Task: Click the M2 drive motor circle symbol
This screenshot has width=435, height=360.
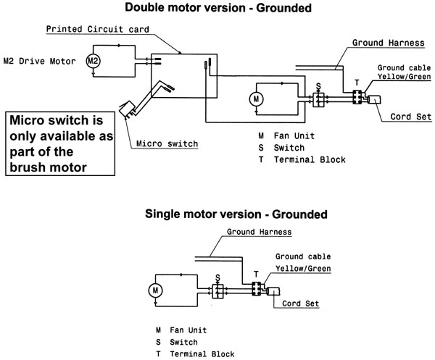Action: click(93, 61)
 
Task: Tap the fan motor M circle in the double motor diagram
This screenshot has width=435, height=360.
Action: click(256, 99)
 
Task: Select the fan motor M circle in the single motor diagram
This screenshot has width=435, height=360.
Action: click(155, 290)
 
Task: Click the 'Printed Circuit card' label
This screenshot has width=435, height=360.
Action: click(98, 29)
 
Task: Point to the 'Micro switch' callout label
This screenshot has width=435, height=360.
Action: click(167, 143)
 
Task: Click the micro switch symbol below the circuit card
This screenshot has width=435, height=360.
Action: click(126, 109)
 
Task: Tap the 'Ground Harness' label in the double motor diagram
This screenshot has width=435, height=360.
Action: click(389, 43)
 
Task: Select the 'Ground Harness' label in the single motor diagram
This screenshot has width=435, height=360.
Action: click(259, 232)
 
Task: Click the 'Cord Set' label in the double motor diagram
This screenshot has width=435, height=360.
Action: click(411, 117)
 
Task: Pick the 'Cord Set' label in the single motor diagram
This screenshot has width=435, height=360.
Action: click(300, 304)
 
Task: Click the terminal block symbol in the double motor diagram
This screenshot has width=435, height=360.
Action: click(357, 97)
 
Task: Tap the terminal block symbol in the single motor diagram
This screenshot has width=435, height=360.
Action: click(256, 288)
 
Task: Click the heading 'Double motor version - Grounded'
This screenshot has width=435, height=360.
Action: click(218, 7)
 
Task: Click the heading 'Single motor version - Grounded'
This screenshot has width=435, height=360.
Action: click(236, 214)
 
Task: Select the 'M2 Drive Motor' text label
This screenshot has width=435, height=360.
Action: click(39, 61)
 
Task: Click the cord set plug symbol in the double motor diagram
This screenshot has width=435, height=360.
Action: click(374, 99)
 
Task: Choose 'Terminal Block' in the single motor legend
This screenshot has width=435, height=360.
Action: click(202, 354)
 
